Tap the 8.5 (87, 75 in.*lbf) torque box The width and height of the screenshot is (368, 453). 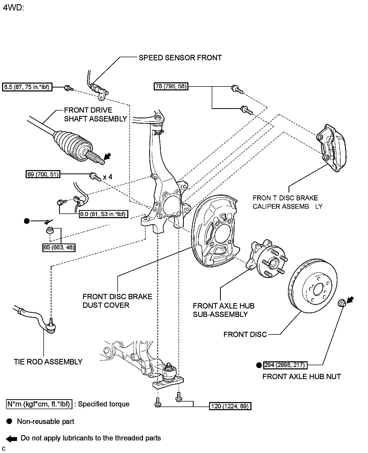pyautogui.click(x=27, y=87)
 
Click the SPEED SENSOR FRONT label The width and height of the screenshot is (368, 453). pyautogui.click(x=180, y=58)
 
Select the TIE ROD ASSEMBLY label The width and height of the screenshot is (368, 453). pyautogui.click(x=48, y=362)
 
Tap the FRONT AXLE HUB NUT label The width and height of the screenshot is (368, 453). pyautogui.click(x=302, y=376)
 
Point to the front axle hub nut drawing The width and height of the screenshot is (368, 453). pyautogui.click(x=342, y=303)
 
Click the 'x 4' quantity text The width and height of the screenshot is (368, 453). pyautogui.click(x=107, y=177)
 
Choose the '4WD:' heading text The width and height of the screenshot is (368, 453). pyautogui.click(x=14, y=8)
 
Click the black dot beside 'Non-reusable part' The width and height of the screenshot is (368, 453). pyautogui.click(x=9, y=421)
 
